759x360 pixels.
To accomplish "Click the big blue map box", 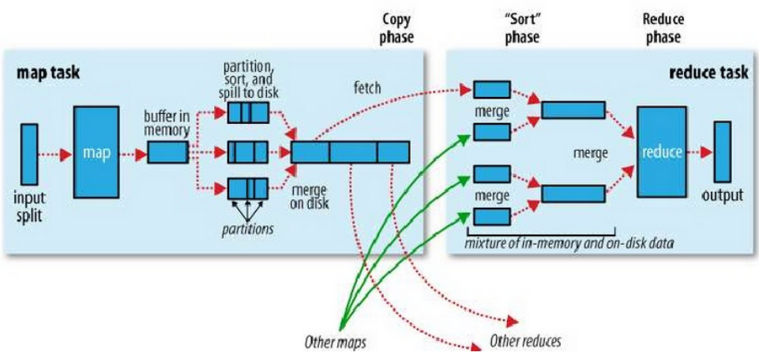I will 97,152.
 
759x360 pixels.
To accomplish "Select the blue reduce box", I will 661,152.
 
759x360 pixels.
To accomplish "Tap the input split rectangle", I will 29,152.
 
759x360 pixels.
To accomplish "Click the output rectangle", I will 722,152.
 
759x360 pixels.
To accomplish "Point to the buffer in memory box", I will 167,152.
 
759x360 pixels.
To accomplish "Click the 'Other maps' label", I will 335,343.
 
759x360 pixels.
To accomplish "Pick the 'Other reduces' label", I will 525,343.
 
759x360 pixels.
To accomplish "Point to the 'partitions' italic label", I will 249,229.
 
